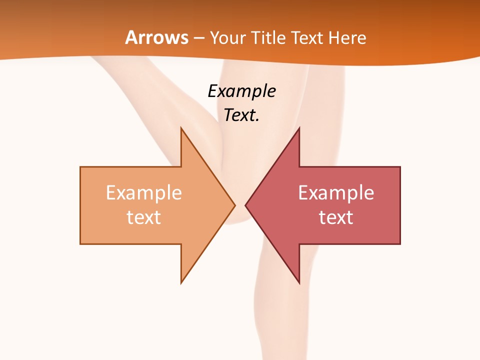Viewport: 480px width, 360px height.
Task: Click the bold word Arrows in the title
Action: (156, 37)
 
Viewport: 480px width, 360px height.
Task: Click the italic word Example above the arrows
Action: (242, 91)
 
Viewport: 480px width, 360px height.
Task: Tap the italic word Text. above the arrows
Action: (242, 115)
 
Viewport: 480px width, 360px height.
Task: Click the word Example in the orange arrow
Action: (144, 193)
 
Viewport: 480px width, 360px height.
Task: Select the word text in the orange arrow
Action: (144, 217)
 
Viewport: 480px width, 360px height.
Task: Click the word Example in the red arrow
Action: (336, 193)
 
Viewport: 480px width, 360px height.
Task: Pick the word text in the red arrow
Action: (336, 217)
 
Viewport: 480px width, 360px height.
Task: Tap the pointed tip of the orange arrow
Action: (234, 205)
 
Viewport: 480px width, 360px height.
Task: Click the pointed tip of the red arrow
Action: (245, 205)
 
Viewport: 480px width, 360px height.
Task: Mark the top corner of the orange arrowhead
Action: (181, 128)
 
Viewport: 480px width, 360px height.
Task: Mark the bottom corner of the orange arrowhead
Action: (181, 283)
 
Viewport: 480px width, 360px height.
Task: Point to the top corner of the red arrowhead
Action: (299, 128)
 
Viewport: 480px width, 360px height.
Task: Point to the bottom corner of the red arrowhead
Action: (299, 283)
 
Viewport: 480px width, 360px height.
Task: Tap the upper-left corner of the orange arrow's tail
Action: (80, 167)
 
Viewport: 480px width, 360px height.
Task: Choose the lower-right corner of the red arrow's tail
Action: (400, 243)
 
